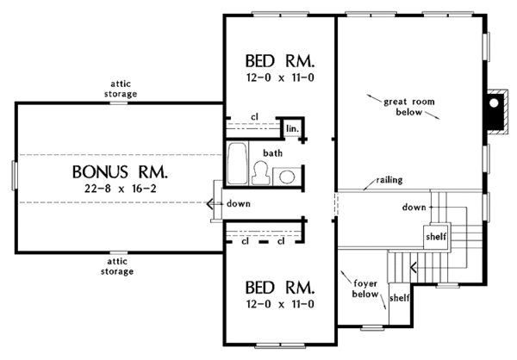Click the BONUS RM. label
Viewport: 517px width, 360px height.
(120, 171)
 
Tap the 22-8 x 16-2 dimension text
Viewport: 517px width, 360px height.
(121, 189)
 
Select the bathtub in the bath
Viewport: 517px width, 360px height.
(238, 163)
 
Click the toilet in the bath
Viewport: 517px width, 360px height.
(261, 173)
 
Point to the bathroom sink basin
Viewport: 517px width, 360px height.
(287, 177)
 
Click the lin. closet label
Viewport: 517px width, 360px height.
(292, 128)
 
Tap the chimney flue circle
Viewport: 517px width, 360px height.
(494, 102)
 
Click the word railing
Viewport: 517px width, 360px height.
(389, 180)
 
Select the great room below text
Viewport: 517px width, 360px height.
(408, 107)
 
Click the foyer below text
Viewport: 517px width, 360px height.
(365, 289)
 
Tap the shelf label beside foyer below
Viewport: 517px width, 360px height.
(399, 298)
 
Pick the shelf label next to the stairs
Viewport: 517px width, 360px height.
(436, 236)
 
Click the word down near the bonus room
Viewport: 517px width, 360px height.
(238, 204)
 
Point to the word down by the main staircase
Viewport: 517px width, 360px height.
(414, 207)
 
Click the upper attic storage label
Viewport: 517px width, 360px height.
(121, 89)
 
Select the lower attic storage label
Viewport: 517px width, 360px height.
(117, 266)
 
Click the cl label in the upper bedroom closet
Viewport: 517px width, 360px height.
(254, 117)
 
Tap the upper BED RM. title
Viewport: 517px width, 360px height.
(280, 61)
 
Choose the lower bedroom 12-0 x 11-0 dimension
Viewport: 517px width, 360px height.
(280, 304)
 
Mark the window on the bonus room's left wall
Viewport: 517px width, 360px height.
(14, 175)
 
